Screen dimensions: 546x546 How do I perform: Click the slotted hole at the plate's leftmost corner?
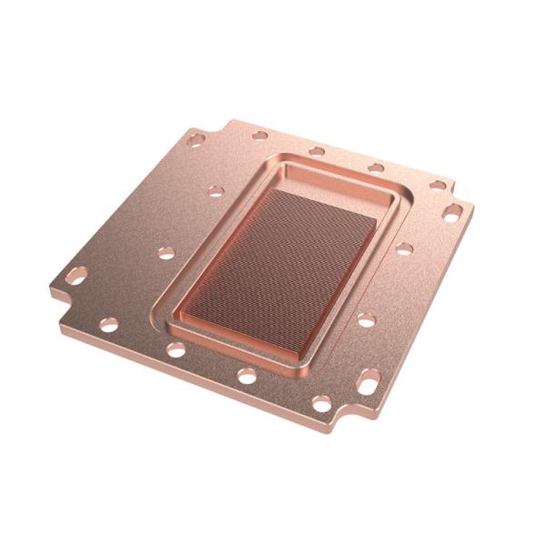click(x=76, y=275)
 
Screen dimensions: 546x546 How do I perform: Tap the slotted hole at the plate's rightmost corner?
click(x=452, y=214)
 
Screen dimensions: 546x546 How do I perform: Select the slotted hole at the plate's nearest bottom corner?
click(x=368, y=382)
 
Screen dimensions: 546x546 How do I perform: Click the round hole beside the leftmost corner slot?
click(x=108, y=324)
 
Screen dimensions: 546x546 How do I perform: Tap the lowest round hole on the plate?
click(x=321, y=403)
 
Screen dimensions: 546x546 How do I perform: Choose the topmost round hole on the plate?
click(x=260, y=136)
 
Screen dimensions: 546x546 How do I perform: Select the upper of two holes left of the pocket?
click(x=216, y=191)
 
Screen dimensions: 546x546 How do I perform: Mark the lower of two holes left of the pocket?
click(x=166, y=253)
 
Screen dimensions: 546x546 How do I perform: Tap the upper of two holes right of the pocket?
click(x=404, y=248)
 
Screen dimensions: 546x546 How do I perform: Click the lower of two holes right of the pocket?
click(x=366, y=319)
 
